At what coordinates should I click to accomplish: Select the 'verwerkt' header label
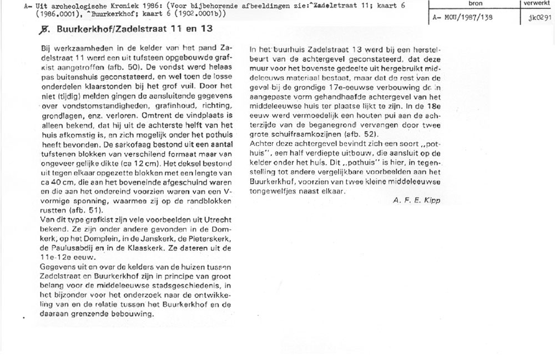(536, 3)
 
